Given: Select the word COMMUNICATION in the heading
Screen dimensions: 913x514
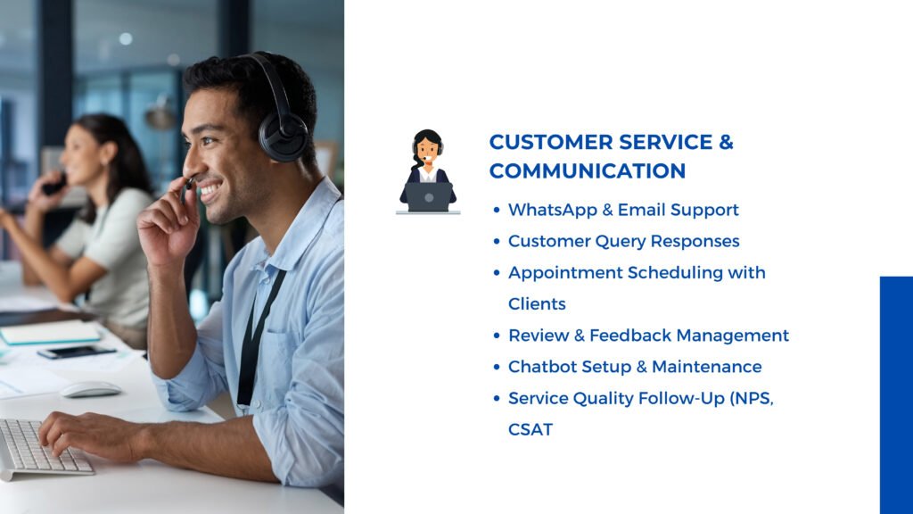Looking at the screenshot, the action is [588, 171].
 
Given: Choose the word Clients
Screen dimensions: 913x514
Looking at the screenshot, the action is [537, 304].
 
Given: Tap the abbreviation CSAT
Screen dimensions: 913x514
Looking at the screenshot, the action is [531, 430].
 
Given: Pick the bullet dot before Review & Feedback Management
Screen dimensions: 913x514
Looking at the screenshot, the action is [496, 336].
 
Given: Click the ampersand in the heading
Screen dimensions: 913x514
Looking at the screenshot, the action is [726, 142].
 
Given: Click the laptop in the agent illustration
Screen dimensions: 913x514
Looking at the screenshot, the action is [429, 197].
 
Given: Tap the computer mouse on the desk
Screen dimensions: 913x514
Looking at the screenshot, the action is [90, 389].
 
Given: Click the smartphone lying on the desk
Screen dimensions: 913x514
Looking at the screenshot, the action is [77, 352].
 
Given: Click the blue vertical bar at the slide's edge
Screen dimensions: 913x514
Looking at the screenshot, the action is [896, 395].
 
